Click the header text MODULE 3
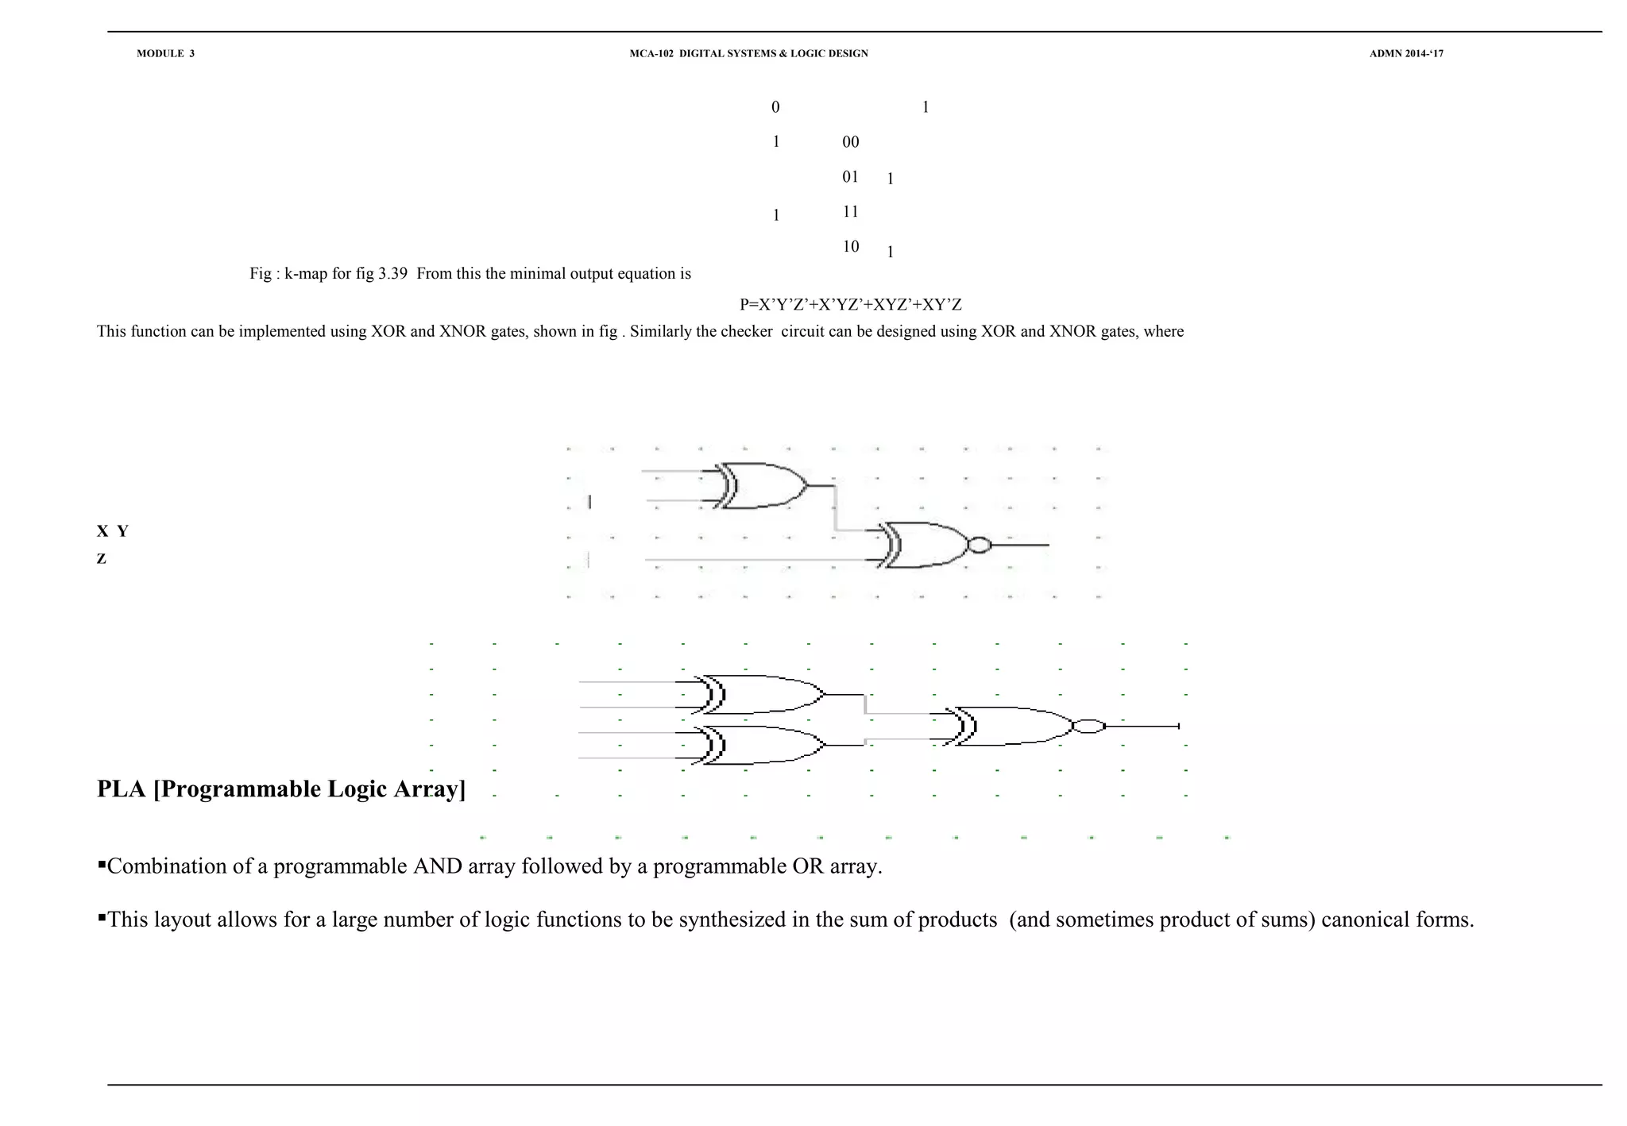click(165, 54)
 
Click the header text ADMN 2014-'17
click(1406, 54)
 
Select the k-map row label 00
click(850, 142)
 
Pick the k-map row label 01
click(850, 177)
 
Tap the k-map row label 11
click(850, 212)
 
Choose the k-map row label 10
click(850, 247)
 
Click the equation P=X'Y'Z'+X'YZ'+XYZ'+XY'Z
click(850, 305)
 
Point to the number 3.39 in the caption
click(392, 274)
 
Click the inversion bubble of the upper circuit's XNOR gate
click(980, 546)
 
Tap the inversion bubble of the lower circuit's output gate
click(1088, 727)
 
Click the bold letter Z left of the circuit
click(102, 559)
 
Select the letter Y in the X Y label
click(122, 532)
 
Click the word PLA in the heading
click(122, 789)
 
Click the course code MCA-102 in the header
click(651, 54)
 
